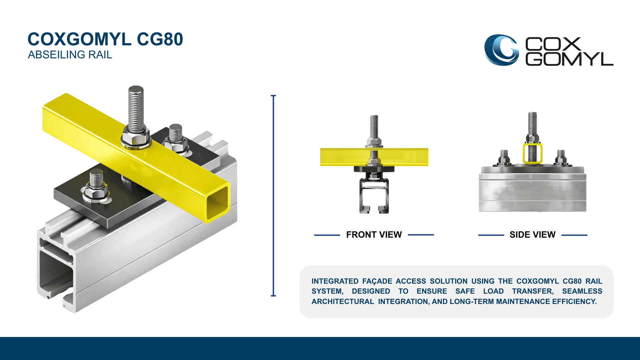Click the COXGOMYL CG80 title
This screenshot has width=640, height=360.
pyautogui.click(x=105, y=39)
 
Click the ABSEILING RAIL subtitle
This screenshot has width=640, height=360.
pyautogui.click(x=70, y=55)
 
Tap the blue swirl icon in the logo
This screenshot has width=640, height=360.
pyautogui.click(x=501, y=50)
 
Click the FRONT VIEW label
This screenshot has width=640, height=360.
pyautogui.click(x=374, y=235)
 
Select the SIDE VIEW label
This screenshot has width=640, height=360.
pyautogui.click(x=532, y=235)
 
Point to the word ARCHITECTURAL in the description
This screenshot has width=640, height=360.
pyautogui.click(x=343, y=302)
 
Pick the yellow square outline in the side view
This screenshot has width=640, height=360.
pyautogui.click(x=532, y=153)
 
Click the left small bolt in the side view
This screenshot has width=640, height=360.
pyautogui.click(x=504, y=158)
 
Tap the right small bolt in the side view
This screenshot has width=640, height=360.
pyautogui.click(x=561, y=158)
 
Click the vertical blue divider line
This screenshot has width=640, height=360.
pyautogui.click(x=273, y=196)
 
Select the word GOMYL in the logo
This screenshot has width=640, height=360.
pyautogui.click(x=569, y=59)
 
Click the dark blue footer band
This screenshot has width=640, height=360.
pyautogui.click(x=320, y=348)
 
